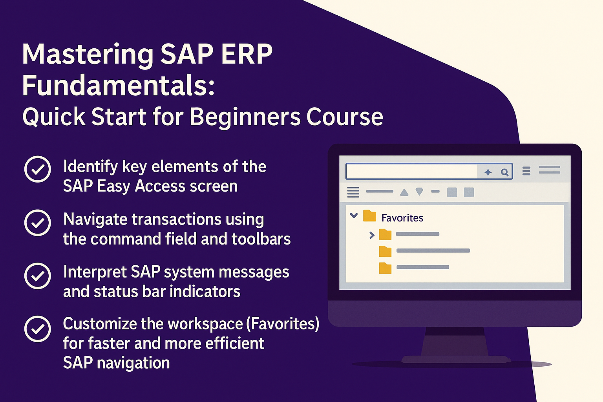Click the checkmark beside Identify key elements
coord(38,169)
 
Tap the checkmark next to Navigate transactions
coord(38,223)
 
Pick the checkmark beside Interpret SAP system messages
coord(38,276)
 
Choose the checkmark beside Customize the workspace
coord(38,329)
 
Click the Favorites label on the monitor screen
coord(402,218)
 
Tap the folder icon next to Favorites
coord(369,216)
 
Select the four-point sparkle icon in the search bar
coord(488,172)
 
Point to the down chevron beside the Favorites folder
coord(353,216)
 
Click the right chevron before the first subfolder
coord(372,235)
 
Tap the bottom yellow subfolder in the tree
coord(385,268)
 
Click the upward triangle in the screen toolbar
coord(404,192)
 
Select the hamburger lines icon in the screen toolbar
coord(353,192)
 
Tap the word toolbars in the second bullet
coord(261,239)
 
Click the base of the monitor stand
coord(455,360)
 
